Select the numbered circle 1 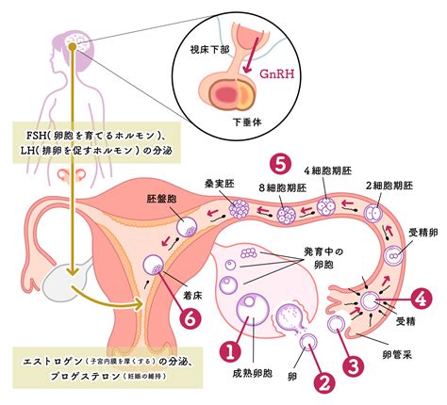[x=227, y=351]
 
